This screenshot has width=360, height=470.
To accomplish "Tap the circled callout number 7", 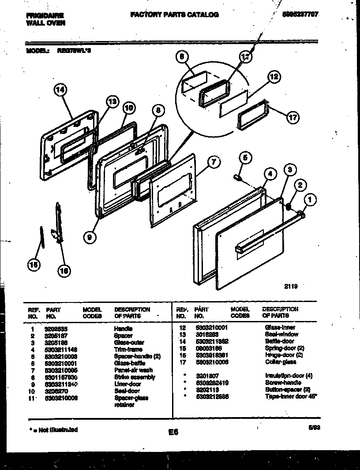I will pos(213,162).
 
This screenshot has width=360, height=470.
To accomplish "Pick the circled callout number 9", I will pos(90,237).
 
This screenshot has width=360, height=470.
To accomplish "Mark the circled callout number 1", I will pos(310,200).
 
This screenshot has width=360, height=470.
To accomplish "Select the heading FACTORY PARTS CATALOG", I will pos(174,15).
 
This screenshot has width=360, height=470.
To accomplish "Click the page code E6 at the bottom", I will pos(173,433).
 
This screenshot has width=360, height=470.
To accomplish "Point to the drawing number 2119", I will pos(291,286).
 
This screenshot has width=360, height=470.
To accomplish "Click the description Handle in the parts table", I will pos(123,329).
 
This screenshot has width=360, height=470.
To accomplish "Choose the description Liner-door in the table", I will pos(127,384).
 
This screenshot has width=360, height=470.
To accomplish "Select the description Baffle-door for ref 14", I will pos(279,341).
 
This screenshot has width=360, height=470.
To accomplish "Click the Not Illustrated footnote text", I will pos(52,429).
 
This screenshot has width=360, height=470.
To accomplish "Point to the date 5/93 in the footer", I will pos(313,427).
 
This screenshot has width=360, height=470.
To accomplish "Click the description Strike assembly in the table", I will pos(135,377).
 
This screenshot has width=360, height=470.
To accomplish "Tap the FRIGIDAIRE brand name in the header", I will pos(45,15).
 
